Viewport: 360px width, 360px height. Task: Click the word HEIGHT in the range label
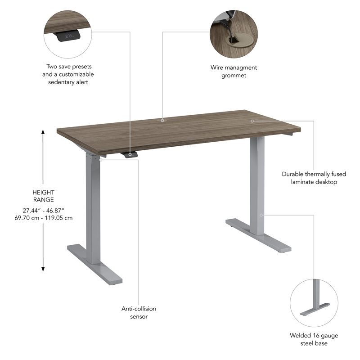(x=44, y=192)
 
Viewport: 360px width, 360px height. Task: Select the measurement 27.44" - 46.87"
(x=44, y=210)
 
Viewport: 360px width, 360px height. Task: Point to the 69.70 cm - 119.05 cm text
(x=44, y=218)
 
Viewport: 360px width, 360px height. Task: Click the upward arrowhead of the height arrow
(x=43, y=133)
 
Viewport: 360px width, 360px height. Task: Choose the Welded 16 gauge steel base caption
(x=314, y=339)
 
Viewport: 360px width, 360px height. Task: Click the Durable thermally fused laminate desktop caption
(x=310, y=178)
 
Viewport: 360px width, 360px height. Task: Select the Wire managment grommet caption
(x=234, y=71)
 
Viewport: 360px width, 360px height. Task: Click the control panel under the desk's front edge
(x=130, y=155)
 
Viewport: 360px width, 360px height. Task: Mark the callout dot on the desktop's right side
(x=252, y=121)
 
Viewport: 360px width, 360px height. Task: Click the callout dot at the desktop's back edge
(x=162, y=120)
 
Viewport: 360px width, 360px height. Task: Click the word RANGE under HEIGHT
(x=44, y=199)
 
